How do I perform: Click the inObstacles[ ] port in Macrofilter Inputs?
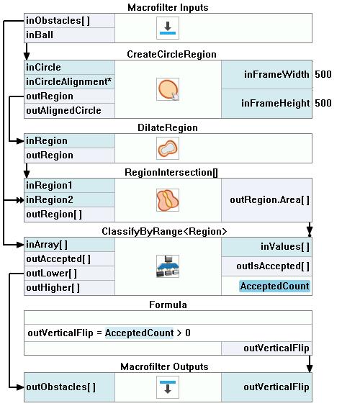click(x=58, y=21)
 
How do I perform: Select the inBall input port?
click(x=40, y=35)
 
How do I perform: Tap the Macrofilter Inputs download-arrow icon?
click(x=168, y=28)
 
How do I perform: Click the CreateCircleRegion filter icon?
click(x=168, y=89)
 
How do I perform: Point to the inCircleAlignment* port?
click(x=69, y=82)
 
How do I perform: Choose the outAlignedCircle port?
click(x=63, y=111)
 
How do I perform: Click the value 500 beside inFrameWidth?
click(x=323, y=75)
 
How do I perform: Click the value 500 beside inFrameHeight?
click(x=323, y=104)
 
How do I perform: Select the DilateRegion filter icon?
click(x=168, y=148)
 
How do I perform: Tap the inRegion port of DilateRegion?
click(x=47, y=141)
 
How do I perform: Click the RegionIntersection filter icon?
click(x=168, y=200)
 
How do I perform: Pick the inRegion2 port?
click(x=50, y=200)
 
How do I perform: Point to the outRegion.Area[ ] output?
click(x=269, y=200)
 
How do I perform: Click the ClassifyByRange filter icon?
click(x=168, y=266)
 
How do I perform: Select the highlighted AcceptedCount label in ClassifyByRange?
click(x=274, y=286)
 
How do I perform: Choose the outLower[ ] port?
click(x=52, y=274)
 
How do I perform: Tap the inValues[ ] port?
click(x=285, y=246)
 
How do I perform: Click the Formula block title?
click(x=168, y=304)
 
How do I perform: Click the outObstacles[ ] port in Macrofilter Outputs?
click(x=61, y=387)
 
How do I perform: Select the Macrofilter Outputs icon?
click(x=168, y=387)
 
